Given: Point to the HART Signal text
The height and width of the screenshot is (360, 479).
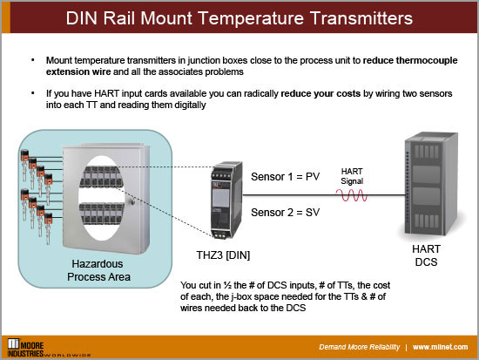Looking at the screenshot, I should tap(351, 174).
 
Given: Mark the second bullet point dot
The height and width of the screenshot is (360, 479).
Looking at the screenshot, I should tap(31, 93).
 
